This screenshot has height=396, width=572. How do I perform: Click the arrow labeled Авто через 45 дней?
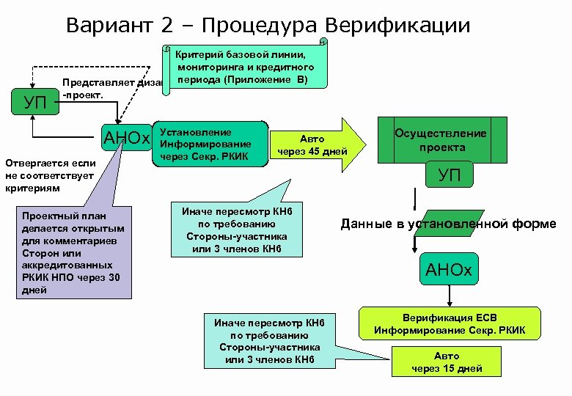coord(316,144)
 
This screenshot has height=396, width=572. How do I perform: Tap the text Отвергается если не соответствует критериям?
coord(48,177)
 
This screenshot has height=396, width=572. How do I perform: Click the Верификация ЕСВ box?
coord(450,323)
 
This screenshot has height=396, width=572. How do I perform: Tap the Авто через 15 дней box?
coord(447,362)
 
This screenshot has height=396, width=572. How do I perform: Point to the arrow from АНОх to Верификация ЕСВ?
coord(450,296)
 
